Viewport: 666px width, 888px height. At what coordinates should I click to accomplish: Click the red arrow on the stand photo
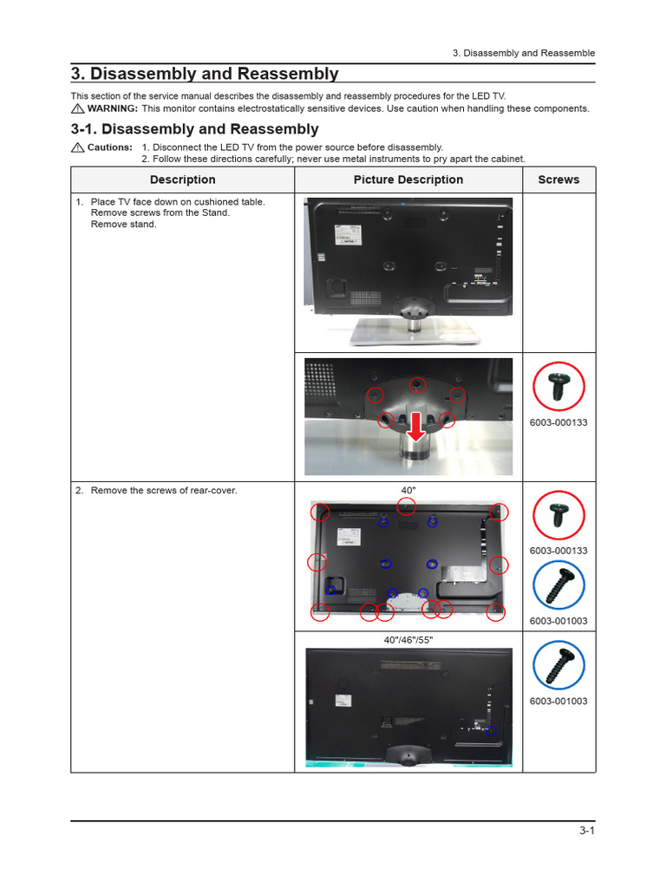click(x=416, y=425)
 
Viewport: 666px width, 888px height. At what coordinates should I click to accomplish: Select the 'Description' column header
click(x=182, y=180)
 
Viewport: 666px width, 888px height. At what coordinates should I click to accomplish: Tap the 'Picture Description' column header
click(x=408, y=180)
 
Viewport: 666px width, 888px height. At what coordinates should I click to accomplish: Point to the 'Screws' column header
click(x=558, y=180)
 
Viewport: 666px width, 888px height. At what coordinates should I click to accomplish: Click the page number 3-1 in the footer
click(x=587, y=831)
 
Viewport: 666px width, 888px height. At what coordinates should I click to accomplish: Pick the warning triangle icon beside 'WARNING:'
click(x=77, y=108)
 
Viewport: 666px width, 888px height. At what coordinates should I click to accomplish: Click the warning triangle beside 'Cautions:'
click(x=77, y=147)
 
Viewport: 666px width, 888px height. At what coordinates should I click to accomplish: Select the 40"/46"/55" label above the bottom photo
click(x=408, y=640)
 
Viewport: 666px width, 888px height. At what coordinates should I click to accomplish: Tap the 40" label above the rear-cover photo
click(x=408, y=491)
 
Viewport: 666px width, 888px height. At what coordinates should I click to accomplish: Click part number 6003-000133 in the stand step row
click(x=558, y=423)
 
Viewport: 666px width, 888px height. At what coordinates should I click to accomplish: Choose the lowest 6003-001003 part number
click(x=558, y=701)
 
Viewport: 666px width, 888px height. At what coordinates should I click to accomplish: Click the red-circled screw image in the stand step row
click(x=558, y=386)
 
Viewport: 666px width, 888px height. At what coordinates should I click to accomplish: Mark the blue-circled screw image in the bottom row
click(x=558, y=667)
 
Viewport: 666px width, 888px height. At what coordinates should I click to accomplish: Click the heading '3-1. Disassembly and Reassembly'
click(x=194, y=129)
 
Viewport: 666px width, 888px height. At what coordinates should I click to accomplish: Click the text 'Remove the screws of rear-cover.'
click(x=164, y=491)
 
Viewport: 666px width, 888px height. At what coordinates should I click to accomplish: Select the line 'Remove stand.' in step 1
click(x=124, y=225)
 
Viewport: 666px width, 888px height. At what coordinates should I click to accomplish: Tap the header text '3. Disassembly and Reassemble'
click(x=524, y=53)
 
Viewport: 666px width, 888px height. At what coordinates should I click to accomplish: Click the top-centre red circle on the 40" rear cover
click(x=406, y=506)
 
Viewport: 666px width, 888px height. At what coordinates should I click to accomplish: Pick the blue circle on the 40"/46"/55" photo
click(x=491, y=730)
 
